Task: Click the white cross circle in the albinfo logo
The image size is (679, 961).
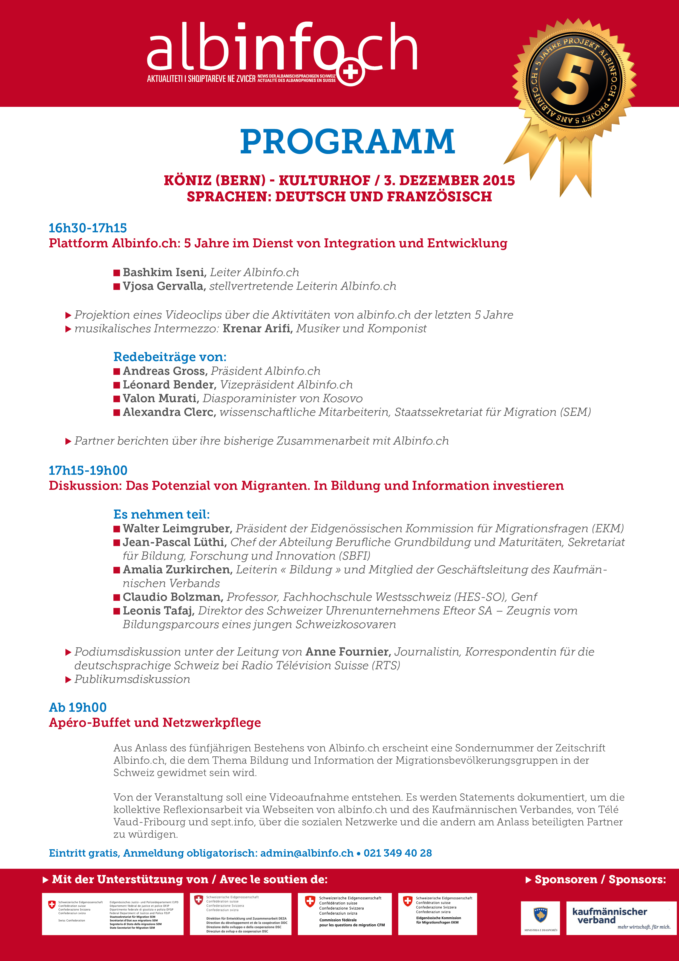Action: coord(350,72)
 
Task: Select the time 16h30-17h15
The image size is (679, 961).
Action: coord(87,228)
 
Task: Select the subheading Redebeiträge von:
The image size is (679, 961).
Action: coord(170,357)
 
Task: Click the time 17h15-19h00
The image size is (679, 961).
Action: coord(88,470)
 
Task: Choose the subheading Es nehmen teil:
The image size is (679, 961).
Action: coord(162,514)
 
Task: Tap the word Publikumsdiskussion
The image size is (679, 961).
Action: coord(132,679)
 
